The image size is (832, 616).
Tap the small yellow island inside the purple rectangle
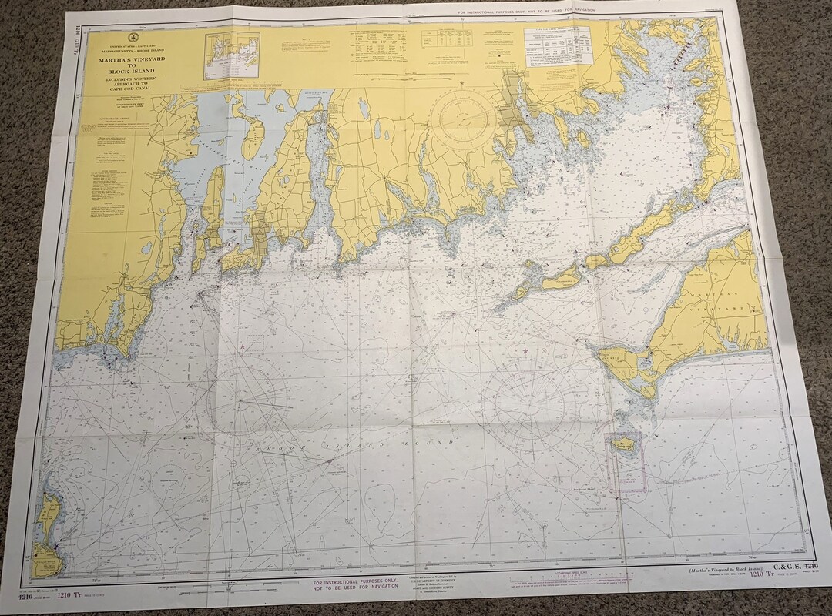(624, 444)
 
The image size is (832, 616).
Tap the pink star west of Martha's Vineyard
(525, 351)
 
